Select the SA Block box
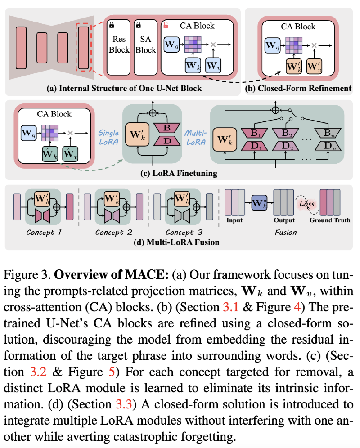pos(145,44)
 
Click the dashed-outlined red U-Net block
pos(84,48)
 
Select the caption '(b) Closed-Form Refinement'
pos(298,88)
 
